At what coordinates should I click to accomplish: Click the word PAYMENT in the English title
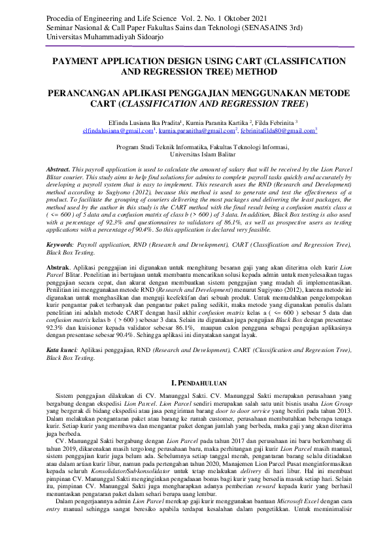79,60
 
